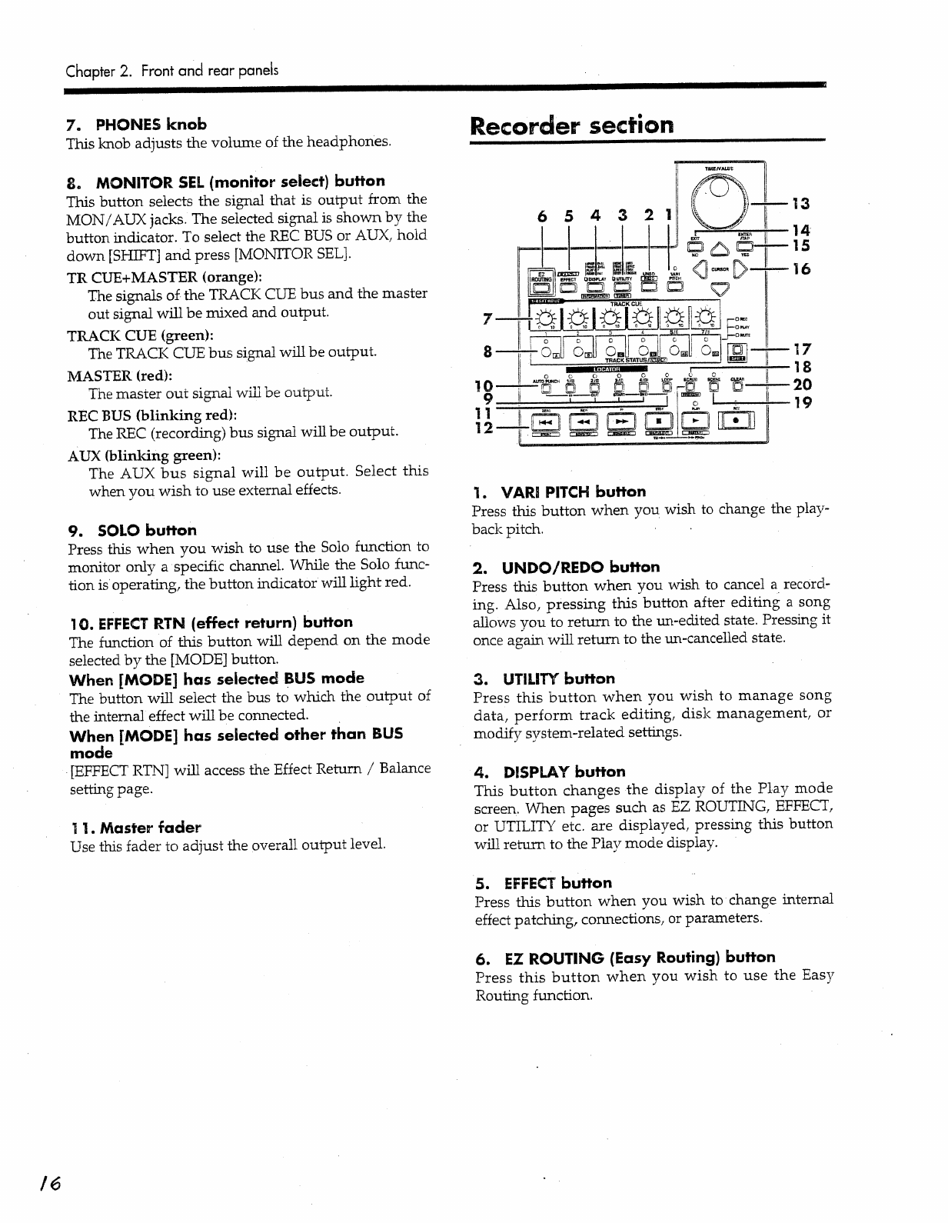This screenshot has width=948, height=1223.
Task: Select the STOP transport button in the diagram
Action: (x=660, y=422)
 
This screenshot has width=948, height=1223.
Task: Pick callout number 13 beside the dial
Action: (x=801, y=204)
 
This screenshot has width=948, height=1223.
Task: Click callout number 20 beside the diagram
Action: (x=802, y=385)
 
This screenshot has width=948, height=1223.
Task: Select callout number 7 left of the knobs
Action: (x=487, y=318)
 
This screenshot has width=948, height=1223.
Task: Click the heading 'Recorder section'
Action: (x=571, y=125)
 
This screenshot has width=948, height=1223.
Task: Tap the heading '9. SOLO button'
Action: (x=132, y=530)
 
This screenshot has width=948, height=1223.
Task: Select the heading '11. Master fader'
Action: (x=135, y=828)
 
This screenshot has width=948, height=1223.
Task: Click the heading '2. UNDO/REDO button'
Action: (x=567, y=568)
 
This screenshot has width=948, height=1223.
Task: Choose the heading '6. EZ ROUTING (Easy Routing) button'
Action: (x=625, y=958)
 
